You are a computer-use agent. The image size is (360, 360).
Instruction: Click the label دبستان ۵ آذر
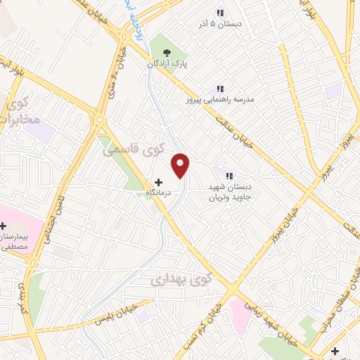pos(219,24)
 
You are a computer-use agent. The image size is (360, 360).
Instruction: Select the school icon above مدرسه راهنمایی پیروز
pos(219,89)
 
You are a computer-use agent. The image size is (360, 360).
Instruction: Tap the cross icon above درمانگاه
pos(158,181)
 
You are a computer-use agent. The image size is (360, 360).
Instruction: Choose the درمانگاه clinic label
pos(157,192)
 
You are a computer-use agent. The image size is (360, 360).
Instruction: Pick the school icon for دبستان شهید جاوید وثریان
pos(229,175)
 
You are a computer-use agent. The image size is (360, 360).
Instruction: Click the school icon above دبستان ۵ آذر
pos(220,13)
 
